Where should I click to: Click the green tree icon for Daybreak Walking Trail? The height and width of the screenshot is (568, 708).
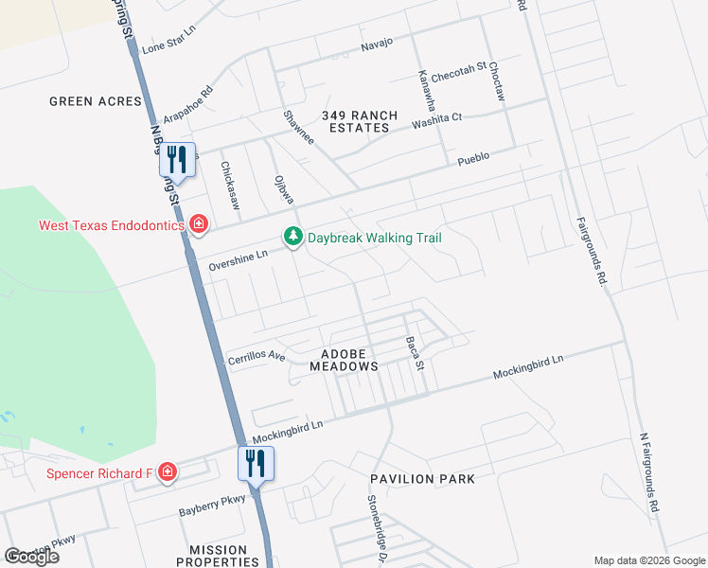coord(293,237)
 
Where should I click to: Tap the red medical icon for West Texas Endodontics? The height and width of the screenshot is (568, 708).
coord(198,224)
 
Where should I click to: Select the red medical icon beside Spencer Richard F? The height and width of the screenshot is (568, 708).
coord(167,471)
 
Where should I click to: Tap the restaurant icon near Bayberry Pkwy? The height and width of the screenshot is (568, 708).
coord(256,462)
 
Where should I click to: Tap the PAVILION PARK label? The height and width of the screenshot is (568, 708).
coord(422,479)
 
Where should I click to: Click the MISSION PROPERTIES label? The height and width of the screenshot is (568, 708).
coord(218,556)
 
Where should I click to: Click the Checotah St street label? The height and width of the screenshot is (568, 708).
coord(458,72)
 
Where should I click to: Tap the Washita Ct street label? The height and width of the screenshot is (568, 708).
coord(436,118)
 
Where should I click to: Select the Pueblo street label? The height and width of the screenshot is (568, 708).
coord(473,157)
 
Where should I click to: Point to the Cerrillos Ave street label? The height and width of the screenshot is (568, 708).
coord(257,357)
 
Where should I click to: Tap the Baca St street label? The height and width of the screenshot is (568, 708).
coord(413,353)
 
